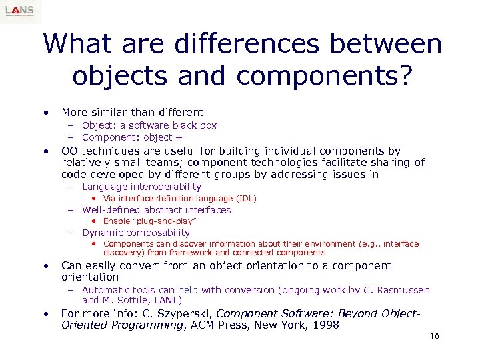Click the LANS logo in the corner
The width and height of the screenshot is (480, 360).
[21, 11]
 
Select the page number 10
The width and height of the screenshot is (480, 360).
[435, 337]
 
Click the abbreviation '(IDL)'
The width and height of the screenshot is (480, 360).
[245, 199]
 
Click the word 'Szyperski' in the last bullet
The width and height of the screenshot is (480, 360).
[180, 313]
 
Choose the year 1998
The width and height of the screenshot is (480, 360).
[327, 325]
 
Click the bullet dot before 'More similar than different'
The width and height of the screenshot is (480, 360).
[45, 113]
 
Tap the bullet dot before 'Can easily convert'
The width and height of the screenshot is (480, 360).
[45, 266]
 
